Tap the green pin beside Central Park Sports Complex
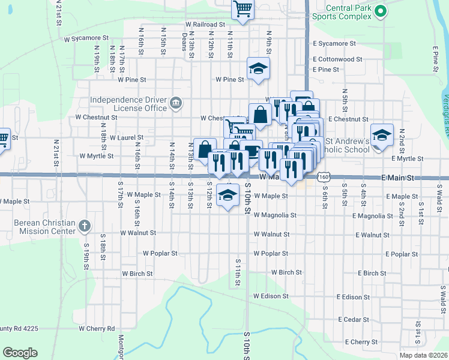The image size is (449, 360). click(379, 10)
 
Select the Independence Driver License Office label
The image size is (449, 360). click(128, 103)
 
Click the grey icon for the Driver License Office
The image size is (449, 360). click(175, 104)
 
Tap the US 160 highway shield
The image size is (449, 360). click(324, 178)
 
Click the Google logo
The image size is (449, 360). click(20, 353)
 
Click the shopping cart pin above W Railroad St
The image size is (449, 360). click(243, 10)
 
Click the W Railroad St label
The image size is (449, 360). click(205, 25)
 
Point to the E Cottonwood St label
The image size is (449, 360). click(337, 59)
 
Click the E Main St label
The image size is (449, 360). click(397, 178)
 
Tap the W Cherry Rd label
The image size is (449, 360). click(96, 329)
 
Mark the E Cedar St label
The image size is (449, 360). click(354, 320)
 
